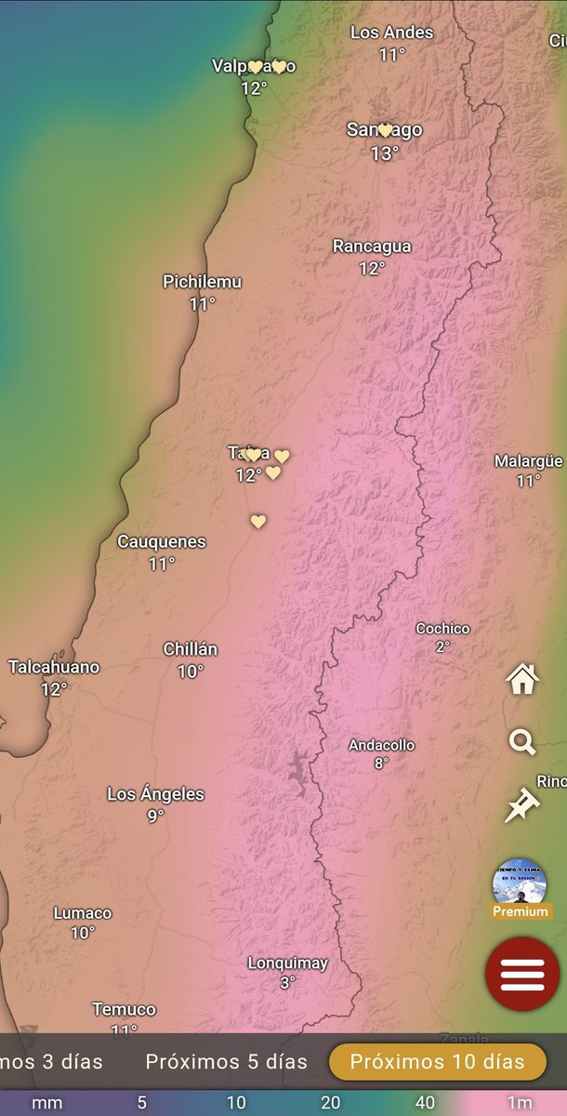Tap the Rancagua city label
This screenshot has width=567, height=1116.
tap(372, 246)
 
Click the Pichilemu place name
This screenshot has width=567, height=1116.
tap(202, 281)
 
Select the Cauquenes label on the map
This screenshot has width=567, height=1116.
tap(162, 541)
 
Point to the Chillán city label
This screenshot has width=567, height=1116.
tap(191, 649)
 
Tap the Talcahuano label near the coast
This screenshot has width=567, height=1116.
tap(54, 667)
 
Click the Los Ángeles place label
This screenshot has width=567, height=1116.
tap(155, 794)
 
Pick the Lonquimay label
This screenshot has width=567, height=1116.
tap(287, 963)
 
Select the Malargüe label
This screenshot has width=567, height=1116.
tap(528, 461)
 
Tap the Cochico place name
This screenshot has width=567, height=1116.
tap(442, 629)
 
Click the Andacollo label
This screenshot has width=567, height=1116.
tap(381, 745)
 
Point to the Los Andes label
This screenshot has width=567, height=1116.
tap(392, 33)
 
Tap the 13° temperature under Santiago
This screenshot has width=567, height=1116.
tap(384, 153)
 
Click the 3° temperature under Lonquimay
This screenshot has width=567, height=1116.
tap(287, 982)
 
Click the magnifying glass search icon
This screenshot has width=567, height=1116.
tap(522, 742)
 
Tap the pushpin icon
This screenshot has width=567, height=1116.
tap(522, 805)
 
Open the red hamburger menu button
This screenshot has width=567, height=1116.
tap(521, 974)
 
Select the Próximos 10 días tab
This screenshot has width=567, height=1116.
tap(437, 1061)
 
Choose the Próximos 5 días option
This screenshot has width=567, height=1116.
tap(226, 1061)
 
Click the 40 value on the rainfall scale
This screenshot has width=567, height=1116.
tap(425, 1103)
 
